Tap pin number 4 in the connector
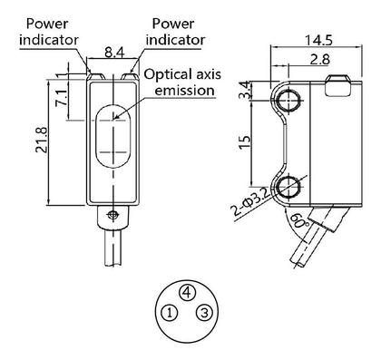(x=185, y=292)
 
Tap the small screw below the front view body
(x=112, y=215)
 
